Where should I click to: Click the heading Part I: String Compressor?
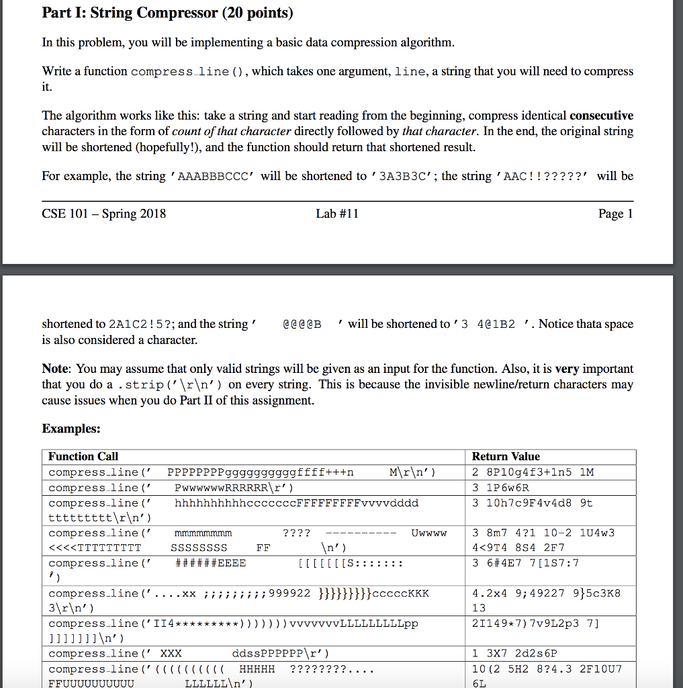pyautogui.click(x=168, y=13)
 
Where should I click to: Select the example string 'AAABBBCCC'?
pyautogui.click(x=213, y=177)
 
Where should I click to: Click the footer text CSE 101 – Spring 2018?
pyautogui.click(x=104, y=214)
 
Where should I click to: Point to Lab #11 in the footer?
pyautogui.click(x=337, y=214)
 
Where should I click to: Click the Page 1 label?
pyautogui.click(x=615, y=214)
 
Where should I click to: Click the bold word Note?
pyautogui.click(x=56, y=369)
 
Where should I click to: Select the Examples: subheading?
pyautogui.click(x=71, y=428)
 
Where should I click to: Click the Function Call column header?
pyautogui.click(x=83, y=457)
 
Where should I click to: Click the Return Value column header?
pyautogui.click(x=506, y=457)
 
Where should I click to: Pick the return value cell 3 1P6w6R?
pyautogui.click(x=500, y=488)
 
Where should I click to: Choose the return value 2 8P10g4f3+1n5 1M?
pyautogui.click(x=533, y=472)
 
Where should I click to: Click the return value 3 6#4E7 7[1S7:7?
pyautogui.click(x=525, y=563)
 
